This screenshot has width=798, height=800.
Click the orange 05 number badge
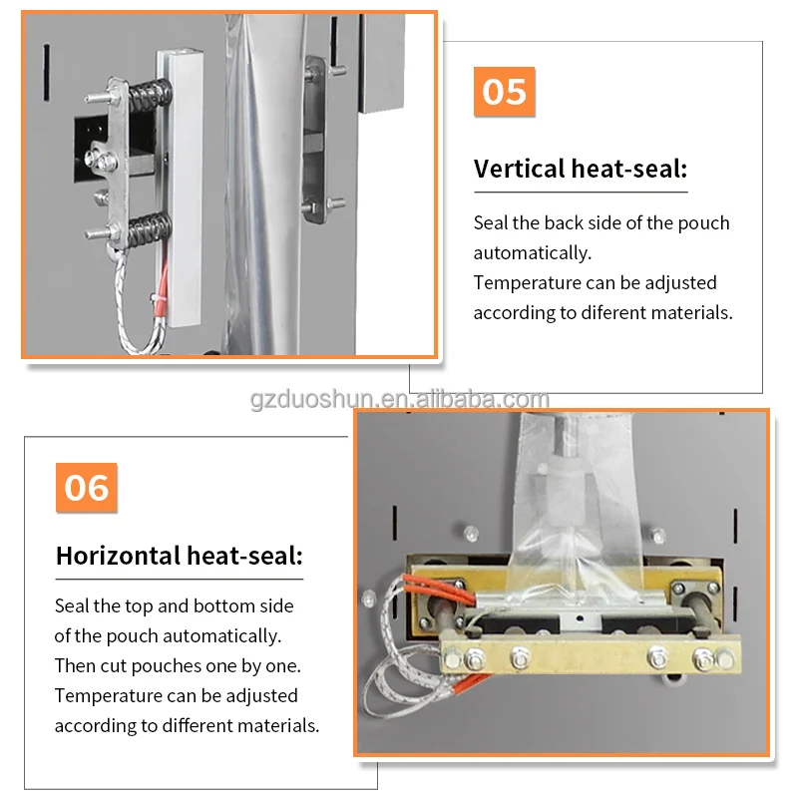click(x=504, y=92)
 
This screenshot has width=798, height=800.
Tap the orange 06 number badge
click(x=87, y=487)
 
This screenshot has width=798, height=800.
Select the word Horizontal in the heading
click(x=118, y=556)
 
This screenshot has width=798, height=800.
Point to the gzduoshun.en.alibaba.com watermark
click(x=400, y=399)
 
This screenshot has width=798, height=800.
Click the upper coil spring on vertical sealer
click(x=149, y=95)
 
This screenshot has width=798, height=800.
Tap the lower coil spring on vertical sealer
click(x=149, y=228)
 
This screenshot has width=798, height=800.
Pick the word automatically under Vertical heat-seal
click(x=533, y=253)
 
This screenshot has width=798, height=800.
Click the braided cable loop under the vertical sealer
click(x=138, y=306)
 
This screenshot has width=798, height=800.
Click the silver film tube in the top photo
click(x=265, y=184)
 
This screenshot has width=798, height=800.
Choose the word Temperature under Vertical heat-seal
click(x=527, y=283)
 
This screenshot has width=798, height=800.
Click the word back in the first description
click(x=564, y=223)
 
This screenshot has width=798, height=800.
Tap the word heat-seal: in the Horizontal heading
click(x=244, y=556)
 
